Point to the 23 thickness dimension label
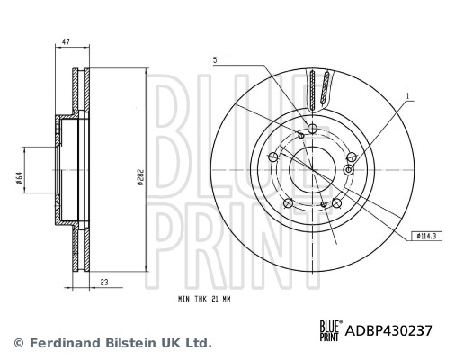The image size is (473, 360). (x=104, y=282)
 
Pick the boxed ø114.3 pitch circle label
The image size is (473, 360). (x=427, y=236)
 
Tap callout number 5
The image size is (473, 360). (x=216, y=60)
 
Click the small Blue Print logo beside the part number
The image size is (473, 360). (x=331, y=330)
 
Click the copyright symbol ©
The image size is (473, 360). (x=17, y=343)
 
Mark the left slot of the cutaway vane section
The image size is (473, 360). (x=311, y=91)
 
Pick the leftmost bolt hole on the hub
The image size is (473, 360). (x=274, y=156)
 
